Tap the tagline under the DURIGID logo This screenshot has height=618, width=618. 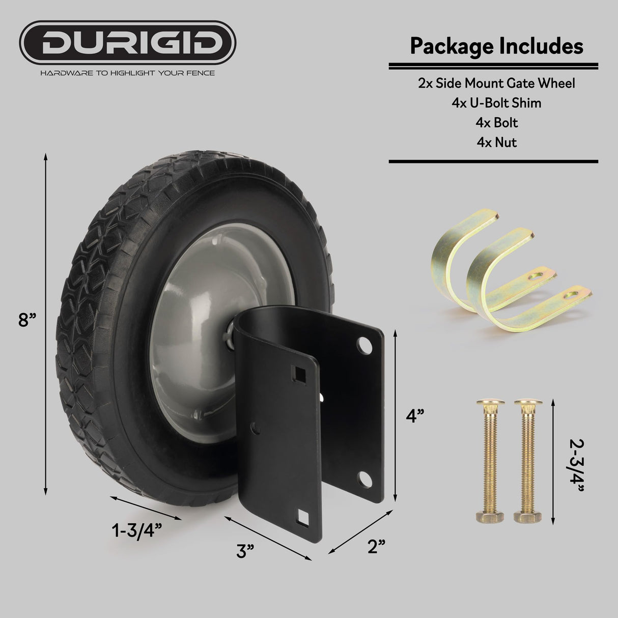(x=127, y=73)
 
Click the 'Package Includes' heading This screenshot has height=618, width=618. (x=496, y=46)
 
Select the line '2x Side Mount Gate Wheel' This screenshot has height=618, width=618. (x=496, y=83)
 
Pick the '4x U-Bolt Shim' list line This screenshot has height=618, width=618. (x=496, y=103)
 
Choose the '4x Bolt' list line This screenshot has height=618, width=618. (x=496, y=123)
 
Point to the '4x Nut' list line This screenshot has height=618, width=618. (x=496, y=142)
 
